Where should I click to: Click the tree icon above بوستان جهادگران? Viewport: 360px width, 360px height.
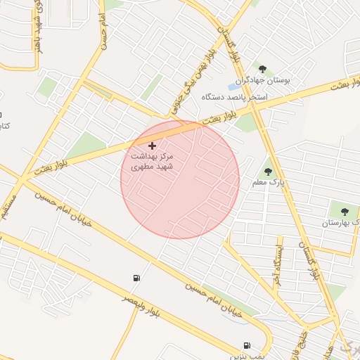coord(262,69)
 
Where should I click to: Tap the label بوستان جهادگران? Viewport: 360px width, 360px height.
coord(275,82)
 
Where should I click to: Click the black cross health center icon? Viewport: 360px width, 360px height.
coord(152,146)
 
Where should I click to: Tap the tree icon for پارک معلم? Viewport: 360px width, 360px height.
coord(267,171)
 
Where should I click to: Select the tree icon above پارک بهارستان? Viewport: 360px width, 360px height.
coord(344,211)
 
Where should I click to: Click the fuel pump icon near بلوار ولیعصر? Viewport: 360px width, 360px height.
coord(136,278)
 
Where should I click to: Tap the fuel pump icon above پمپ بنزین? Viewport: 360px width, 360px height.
coord(247,345)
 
